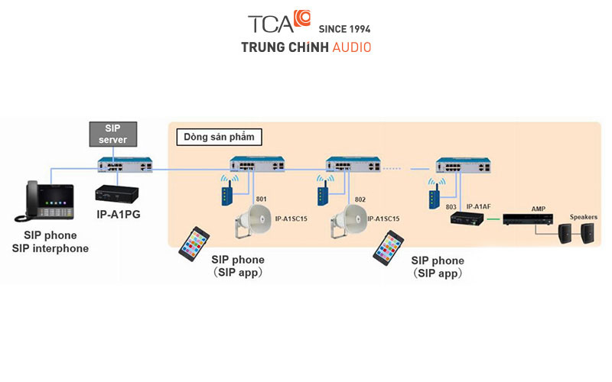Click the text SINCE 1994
point(345,29)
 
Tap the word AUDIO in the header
point(352,47)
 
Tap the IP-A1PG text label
point(118,215)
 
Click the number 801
point(261,199)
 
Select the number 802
point(360,199)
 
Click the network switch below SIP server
point(125,165)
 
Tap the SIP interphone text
point(50,248)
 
